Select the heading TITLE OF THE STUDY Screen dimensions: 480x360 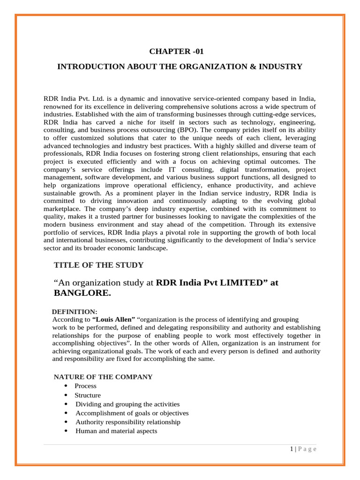point(98,265)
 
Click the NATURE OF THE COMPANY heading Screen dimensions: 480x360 point(103,377)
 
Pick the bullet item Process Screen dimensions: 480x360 point(86,386)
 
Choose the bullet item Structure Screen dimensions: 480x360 point(88,395)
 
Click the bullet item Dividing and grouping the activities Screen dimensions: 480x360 point(127,404)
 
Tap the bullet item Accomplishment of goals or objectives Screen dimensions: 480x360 point(132,413)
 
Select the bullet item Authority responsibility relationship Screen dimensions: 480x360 point(128,422)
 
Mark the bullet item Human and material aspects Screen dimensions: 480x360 point(116,431)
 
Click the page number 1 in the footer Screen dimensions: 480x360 point(291,449)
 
